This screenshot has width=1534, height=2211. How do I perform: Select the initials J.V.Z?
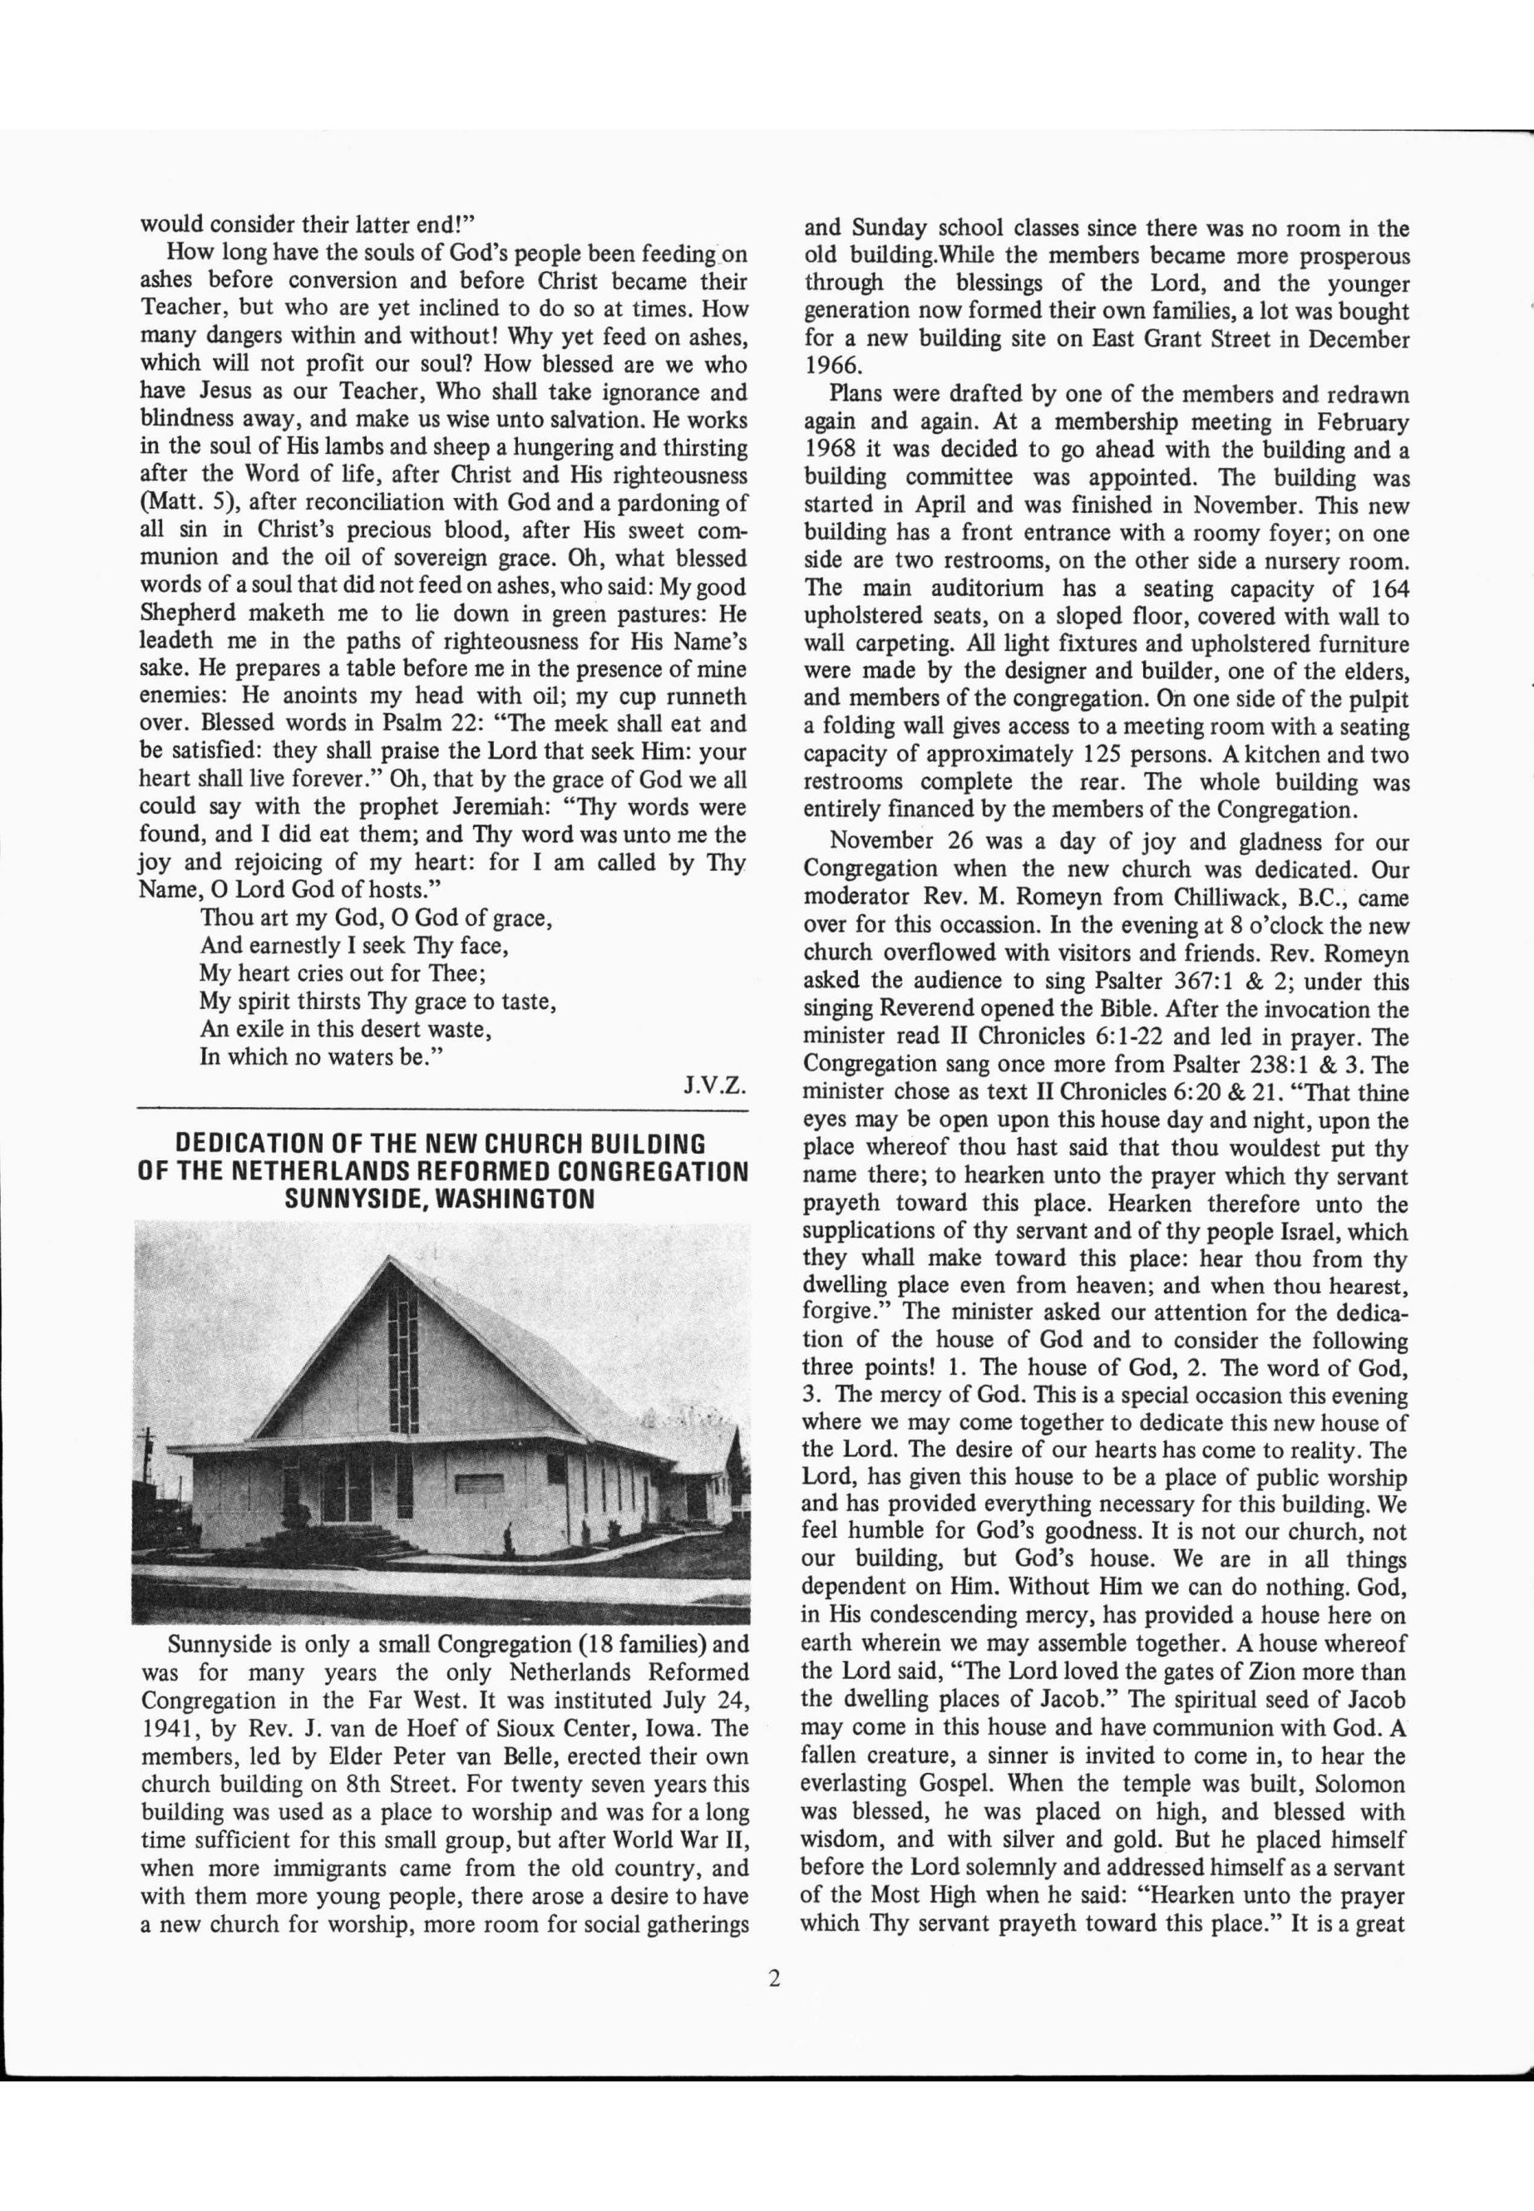pos(715,1086)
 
